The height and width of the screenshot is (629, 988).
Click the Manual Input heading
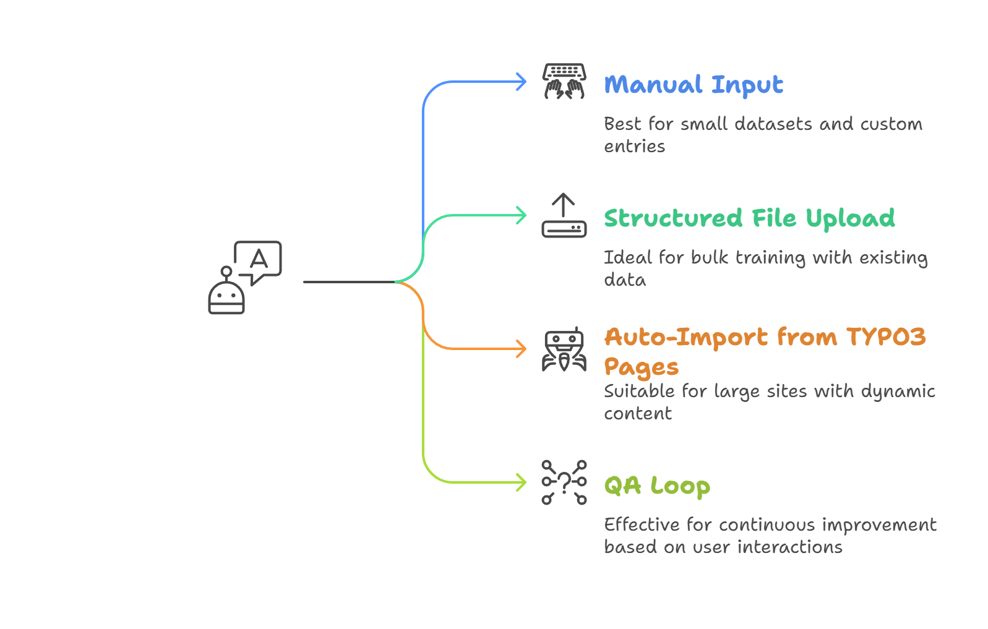tap(693, 85)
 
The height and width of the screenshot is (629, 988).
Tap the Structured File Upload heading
tap(749, 218)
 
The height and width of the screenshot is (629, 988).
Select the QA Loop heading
tap(656, 486)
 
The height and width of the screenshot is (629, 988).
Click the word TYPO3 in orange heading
tap(886, 337)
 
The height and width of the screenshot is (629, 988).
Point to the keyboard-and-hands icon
tap(564, 81)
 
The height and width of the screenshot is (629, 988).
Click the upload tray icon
tap(564, 216)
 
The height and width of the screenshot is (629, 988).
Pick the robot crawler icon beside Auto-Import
tap(564, 349)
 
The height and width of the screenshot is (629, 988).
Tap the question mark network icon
tap(564, 482)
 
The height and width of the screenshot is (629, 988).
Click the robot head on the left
tap(226, 296)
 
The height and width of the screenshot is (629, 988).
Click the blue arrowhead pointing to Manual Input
tap(522, 82)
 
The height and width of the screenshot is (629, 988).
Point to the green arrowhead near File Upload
tap(522, 215)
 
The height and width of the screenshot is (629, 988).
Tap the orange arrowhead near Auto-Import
tap(522, 349)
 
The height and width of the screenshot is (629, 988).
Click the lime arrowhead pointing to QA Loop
tap(522, 482)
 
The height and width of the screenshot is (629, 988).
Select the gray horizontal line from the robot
tap(346, 282)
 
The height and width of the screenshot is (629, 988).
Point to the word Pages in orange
tap(641, 367)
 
